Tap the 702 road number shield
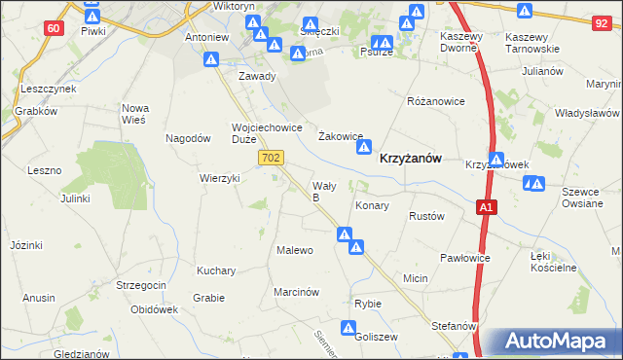[x=272, y=157]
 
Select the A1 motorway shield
[x=488, y=207]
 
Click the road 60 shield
[x=54, y=28]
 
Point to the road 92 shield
[x=601, y=20]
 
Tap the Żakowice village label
[x=342, y=137]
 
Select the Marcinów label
[x=297, y=291]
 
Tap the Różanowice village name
[x=436, y=100]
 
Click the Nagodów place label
[x=189, y=138]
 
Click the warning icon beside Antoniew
[x=211, y=59]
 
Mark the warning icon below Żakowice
[x=364, y=148]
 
